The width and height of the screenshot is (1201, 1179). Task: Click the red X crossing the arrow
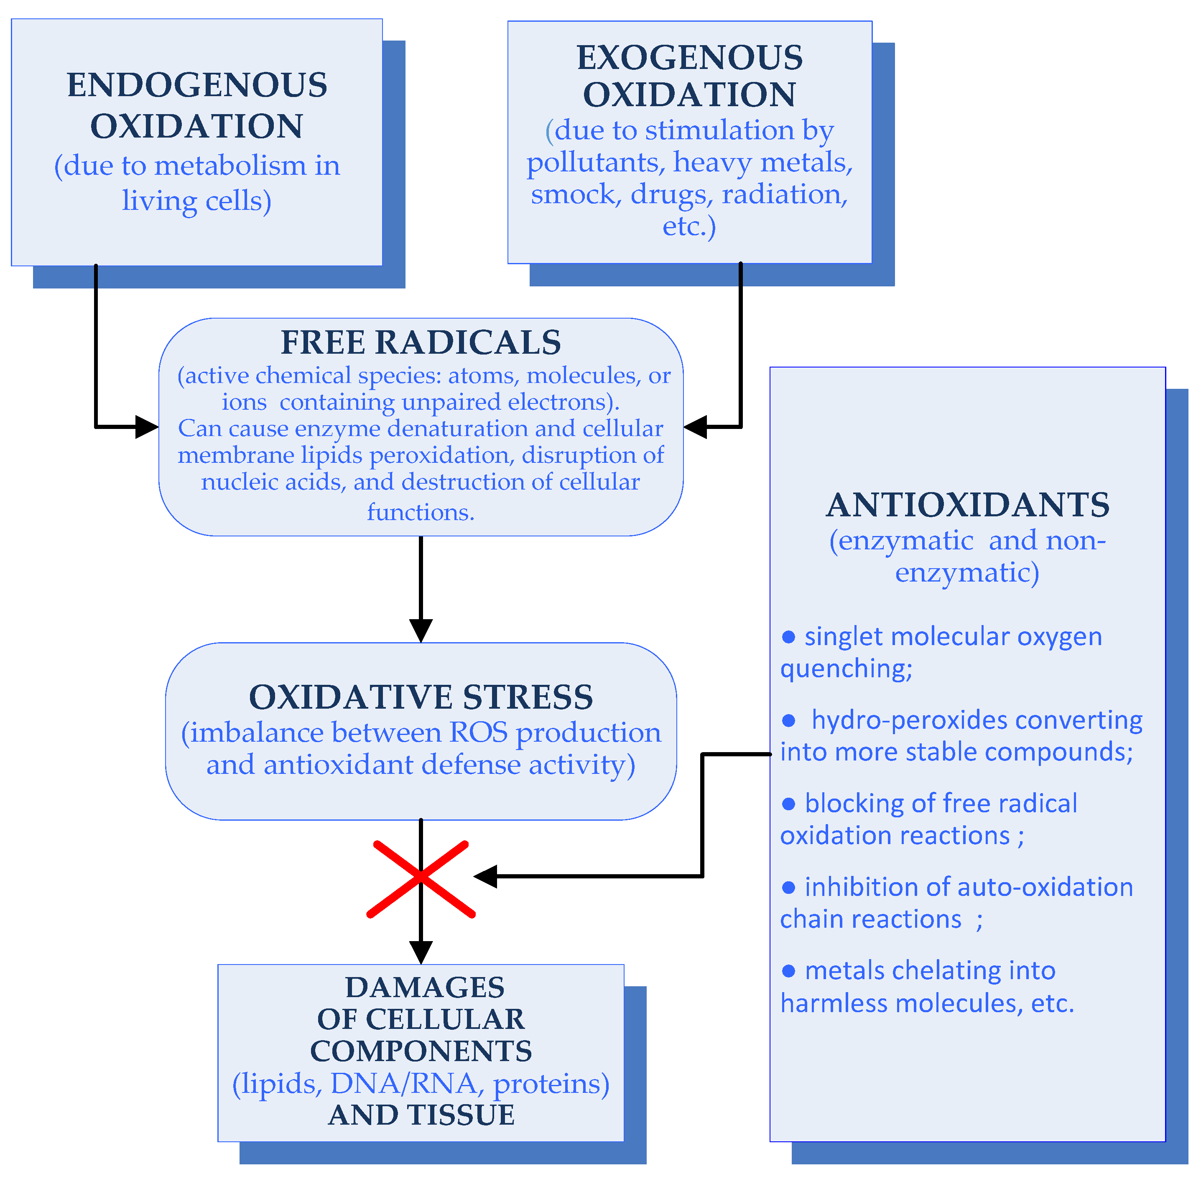click(x=421, y=878)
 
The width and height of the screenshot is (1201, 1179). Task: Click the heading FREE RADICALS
click(x=421, y=342)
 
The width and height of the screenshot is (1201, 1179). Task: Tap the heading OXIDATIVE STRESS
click(x=421, y=697)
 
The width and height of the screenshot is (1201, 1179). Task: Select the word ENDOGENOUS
click(x=197, y=85)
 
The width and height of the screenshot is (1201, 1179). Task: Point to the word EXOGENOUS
click(x=690, y=58)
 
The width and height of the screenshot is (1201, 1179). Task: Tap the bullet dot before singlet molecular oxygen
click(x=788, y=637)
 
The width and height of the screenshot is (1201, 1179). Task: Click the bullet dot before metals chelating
click(x=788, y=971)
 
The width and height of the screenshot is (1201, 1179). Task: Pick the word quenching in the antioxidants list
click(x=846, y=669)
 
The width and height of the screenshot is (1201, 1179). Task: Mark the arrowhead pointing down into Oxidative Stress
click(x=421, y=630)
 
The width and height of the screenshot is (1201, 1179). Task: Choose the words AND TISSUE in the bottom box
click(x=421, y=1115)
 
